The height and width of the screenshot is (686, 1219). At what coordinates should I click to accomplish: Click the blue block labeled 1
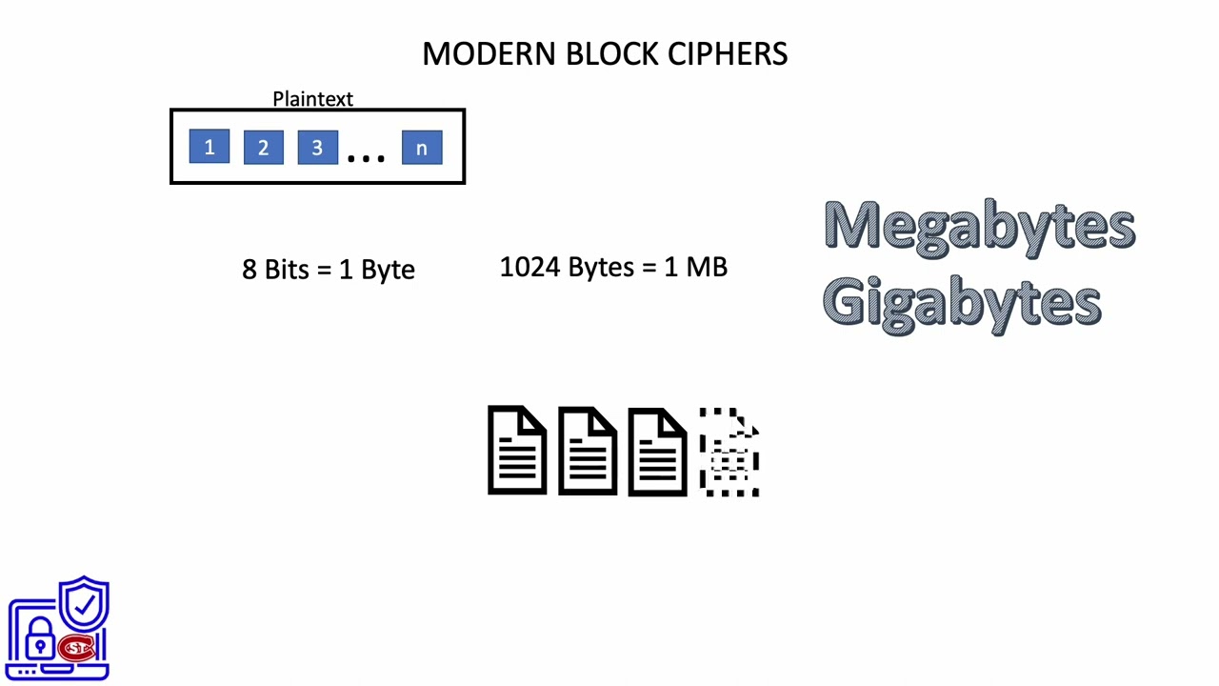(209, 148)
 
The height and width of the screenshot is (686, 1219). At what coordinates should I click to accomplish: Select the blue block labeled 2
(263, 148)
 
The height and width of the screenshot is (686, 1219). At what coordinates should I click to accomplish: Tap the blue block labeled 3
(317, 148)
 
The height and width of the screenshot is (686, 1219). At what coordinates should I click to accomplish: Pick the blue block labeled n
(422, 148)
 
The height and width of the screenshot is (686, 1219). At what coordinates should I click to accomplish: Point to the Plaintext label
(312, 99)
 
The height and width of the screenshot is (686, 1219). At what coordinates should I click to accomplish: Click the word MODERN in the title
(490, 53)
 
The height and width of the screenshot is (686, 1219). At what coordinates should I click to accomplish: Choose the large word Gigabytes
(962, 302)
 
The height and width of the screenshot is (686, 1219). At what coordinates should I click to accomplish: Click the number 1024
(530, 267)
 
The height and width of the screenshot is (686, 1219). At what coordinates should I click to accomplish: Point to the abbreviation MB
(706, 267)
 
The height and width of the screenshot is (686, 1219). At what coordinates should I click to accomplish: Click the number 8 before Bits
(250, 270)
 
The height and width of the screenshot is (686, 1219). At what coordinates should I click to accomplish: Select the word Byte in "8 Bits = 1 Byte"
(388, 271)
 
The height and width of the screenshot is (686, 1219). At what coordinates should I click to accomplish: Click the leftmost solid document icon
(517, 451)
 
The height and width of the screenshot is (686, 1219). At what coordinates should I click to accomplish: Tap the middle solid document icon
(588, 451)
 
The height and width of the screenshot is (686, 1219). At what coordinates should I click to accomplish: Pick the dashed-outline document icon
(729, 452)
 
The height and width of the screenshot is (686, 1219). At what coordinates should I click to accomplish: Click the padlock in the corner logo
(39, 640)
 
